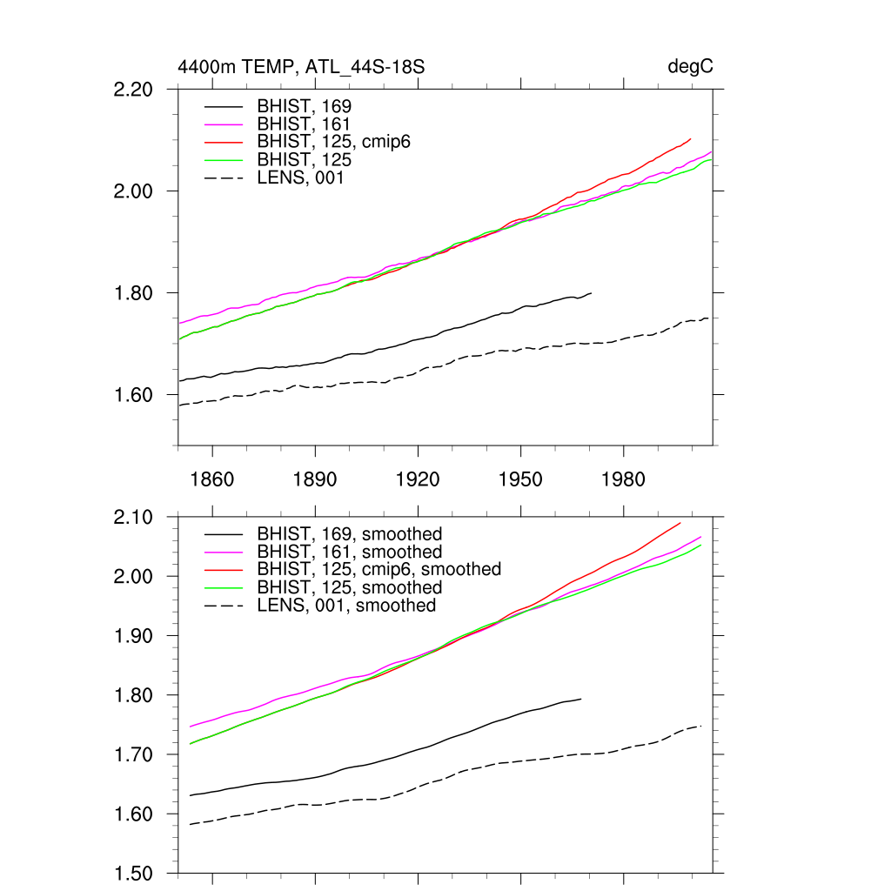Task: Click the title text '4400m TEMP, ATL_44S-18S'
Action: click(301, 67)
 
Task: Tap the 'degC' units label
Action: click(690, 67)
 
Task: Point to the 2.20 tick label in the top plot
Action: click(134, 90)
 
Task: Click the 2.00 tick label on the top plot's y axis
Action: click(134, 191)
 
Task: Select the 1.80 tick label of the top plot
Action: click(134, 293)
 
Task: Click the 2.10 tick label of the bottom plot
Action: click(134, 518)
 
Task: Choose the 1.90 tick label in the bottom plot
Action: click(134, 636)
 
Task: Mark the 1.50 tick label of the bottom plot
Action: click(134, 874)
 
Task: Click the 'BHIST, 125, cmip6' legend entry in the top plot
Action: click(333, 141)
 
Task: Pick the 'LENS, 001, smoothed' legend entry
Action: click(346, 606)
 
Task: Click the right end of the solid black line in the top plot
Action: click(592, 293)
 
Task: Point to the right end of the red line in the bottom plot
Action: click(680, 523)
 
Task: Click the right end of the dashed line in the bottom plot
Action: click(701, 726)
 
